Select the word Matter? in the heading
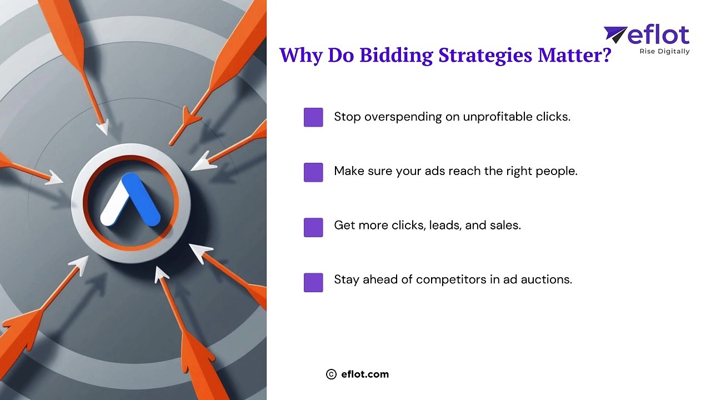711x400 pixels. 574,55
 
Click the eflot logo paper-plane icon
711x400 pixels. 615,34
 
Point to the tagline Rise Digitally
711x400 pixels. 664,52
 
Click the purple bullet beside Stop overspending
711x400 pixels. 313,117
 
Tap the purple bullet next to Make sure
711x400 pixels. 313,172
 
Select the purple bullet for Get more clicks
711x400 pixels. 313,227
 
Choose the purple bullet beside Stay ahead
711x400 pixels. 313,282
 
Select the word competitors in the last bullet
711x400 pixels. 451,279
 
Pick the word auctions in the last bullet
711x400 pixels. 549,279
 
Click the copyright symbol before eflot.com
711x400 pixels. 332,374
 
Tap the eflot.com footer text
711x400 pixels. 365,374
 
